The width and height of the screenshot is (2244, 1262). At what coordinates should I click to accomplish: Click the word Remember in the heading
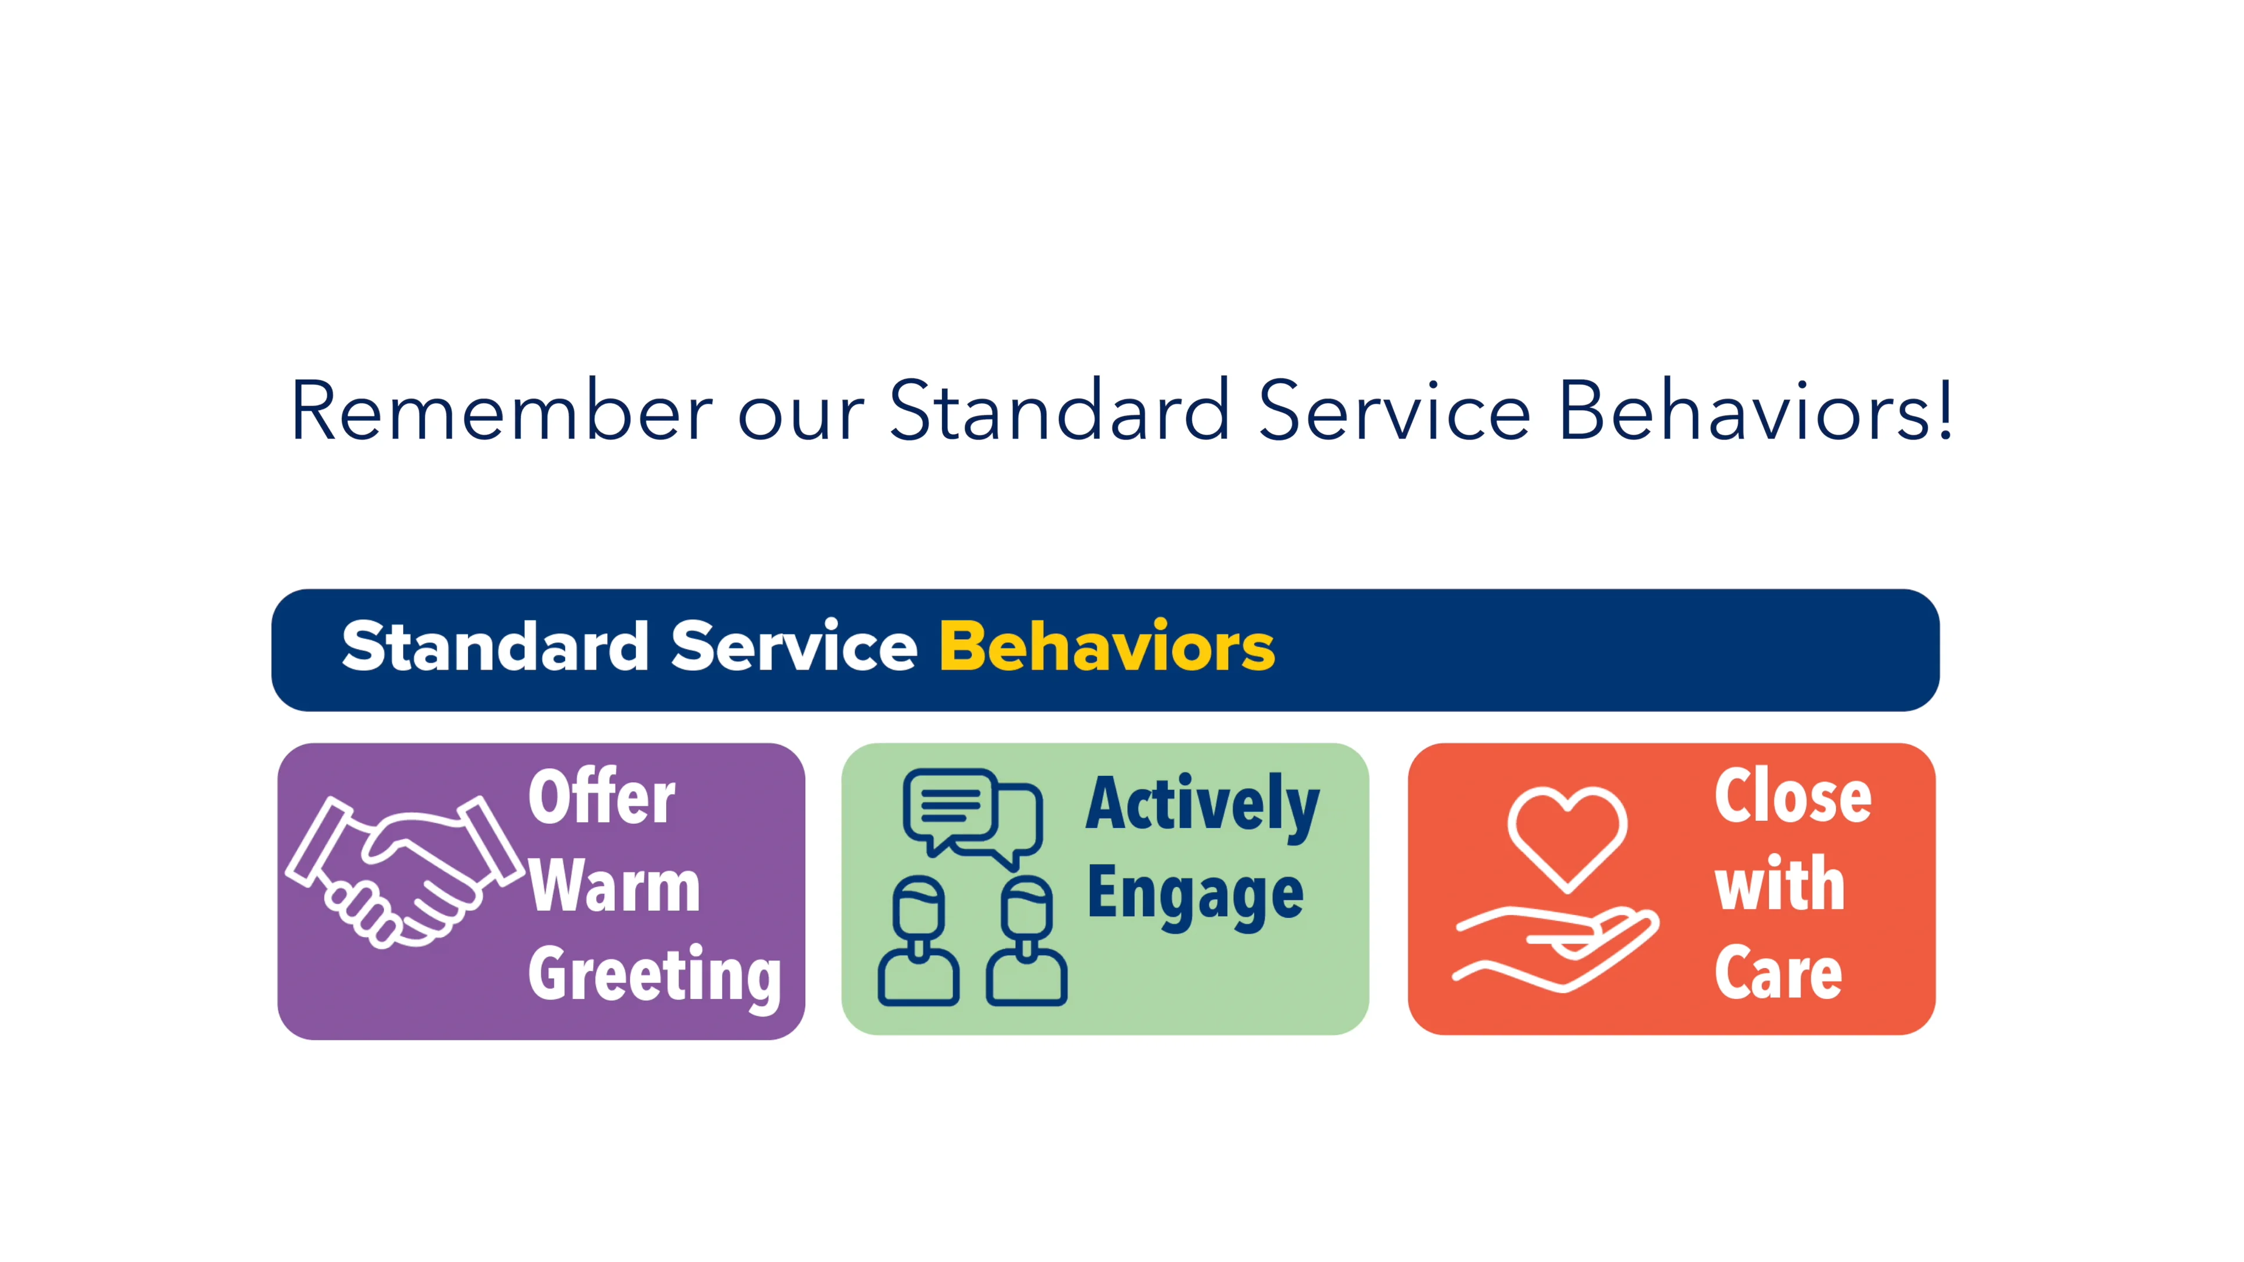coord(501,411)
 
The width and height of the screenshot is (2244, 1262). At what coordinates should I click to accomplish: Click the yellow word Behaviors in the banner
coord(1106,647)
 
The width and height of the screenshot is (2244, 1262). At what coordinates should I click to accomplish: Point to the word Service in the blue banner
coord(794,647)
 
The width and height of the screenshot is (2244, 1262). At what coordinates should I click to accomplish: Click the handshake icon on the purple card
coord(405,871)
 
